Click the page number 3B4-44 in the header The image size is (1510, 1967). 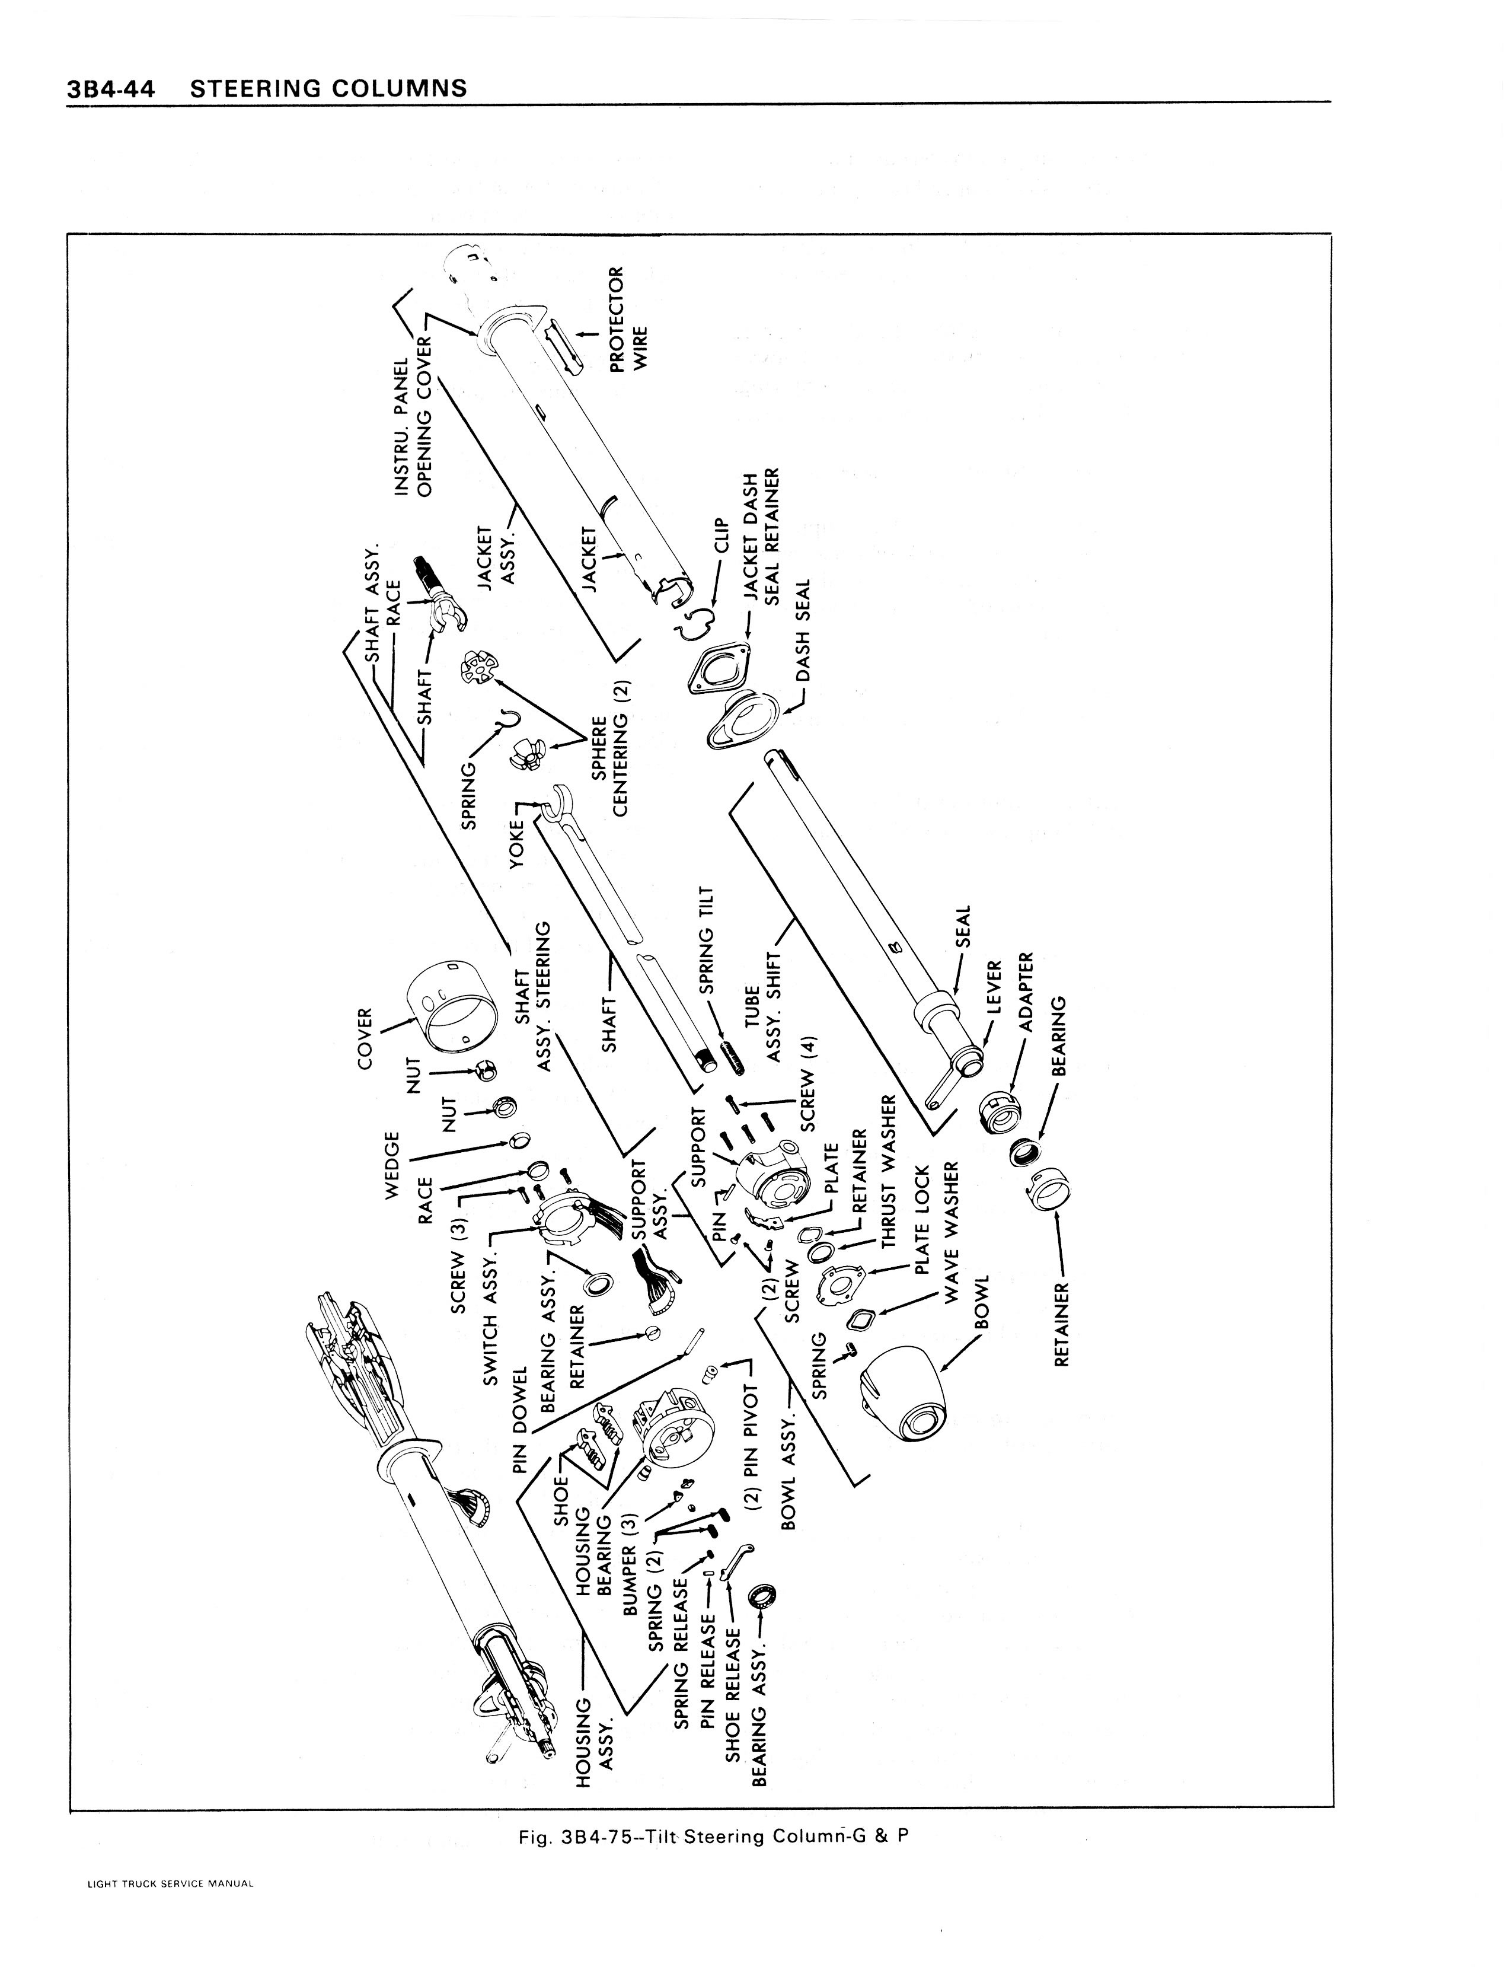point(110,88)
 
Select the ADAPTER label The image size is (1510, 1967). point(1027,991)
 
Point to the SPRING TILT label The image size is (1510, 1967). point(707,939)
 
